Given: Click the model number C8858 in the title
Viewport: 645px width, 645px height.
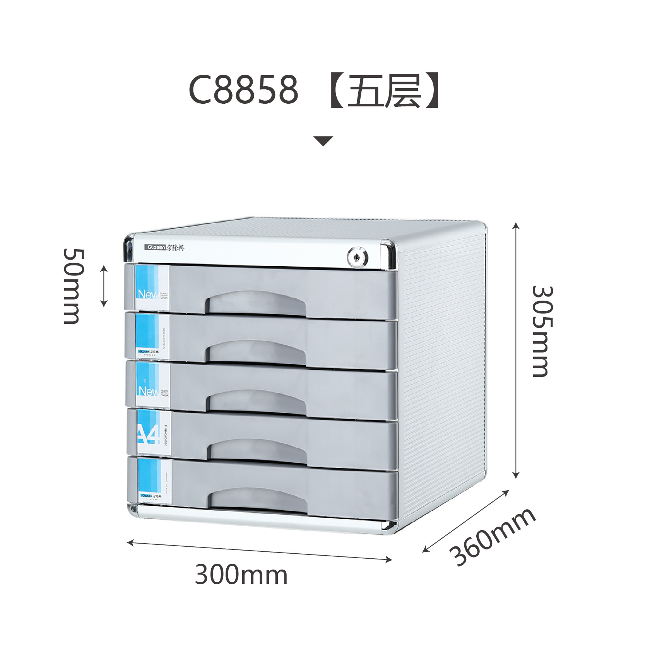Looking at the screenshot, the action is (243, 90).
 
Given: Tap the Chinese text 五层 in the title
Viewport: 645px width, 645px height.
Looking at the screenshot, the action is (385, 90).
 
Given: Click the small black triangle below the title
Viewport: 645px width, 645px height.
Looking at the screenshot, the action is (323, 141).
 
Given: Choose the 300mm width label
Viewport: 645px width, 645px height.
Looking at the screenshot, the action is (241, 575).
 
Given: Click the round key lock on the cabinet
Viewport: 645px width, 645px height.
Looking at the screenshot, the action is (358, 257).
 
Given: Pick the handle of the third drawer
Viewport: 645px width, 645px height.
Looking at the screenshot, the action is (256, 401).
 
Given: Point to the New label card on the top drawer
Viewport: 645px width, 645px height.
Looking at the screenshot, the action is (152, 287).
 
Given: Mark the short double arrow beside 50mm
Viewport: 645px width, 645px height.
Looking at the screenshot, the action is (104, 286).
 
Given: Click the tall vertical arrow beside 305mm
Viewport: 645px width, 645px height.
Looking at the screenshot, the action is (516, 350).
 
